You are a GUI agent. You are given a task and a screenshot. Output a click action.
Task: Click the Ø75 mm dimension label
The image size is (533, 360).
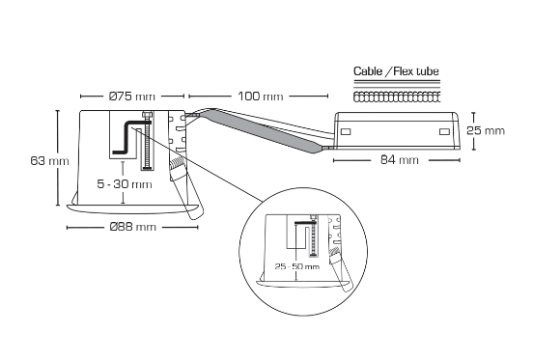click(131, 97)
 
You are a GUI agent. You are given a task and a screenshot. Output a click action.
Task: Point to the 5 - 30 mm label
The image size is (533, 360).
click(125, 183)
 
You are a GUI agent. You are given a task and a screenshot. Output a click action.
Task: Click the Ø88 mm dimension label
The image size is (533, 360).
click(132, 227)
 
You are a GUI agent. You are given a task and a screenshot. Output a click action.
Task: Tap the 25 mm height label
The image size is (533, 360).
click(486, 130)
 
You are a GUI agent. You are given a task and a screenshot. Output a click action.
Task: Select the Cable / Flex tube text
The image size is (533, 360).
click(397, 72)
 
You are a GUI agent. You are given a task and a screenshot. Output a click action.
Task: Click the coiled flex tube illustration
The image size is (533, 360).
click(397, 97)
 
